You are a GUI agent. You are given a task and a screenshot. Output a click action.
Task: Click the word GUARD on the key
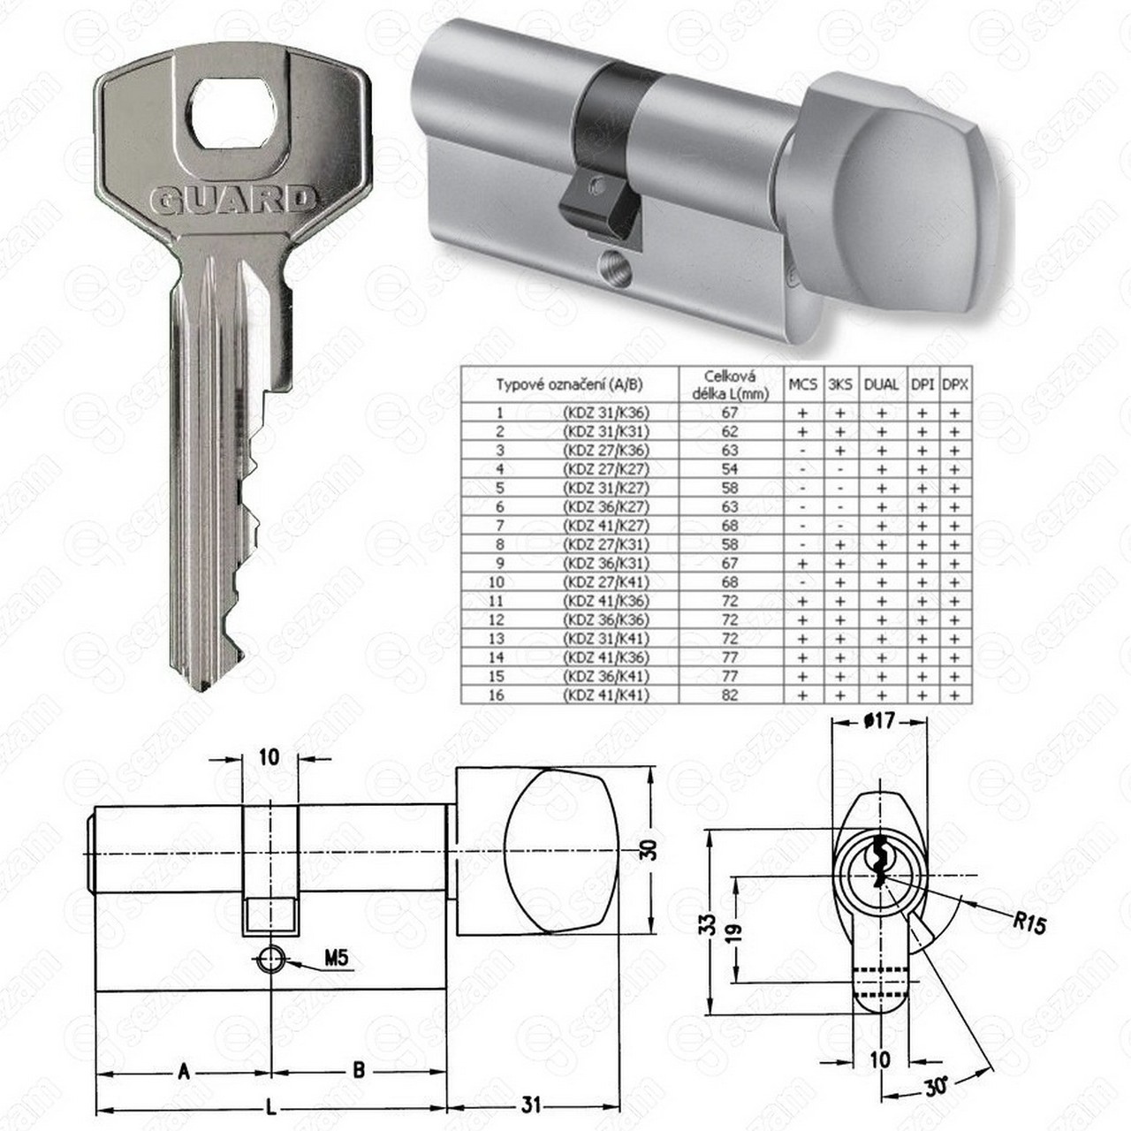[232, 201]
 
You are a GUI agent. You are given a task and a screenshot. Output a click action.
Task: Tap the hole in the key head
[232, 113]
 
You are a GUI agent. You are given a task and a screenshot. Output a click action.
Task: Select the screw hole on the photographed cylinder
[614, 269]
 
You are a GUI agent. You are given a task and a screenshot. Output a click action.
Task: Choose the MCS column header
[802, 385]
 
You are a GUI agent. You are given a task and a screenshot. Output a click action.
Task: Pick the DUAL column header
[881, 385]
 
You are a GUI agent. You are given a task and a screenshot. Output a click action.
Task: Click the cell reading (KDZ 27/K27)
[606, 469]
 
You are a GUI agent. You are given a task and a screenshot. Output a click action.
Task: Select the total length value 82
[730, 695]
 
